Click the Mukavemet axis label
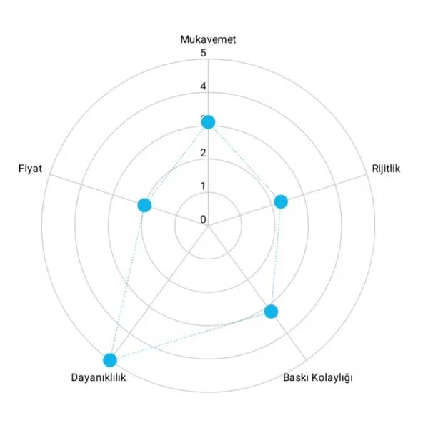pos(208,39)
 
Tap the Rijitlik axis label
pos(386,169)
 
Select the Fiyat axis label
pos(30,169)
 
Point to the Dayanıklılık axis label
pos(99,377)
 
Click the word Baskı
pos(296,377)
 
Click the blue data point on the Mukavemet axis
pos(208,122)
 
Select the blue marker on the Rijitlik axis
pos(281,201)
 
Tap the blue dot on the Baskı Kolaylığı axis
pos(271,312)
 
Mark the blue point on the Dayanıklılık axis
pos(110,360)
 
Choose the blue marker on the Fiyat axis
pos(144,205)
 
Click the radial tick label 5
pos(203,53)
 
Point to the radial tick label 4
pos(203,86)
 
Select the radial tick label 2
pos(203,153)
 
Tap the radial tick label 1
pos(203,186)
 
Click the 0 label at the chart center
pos(203,219)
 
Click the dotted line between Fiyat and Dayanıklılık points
pos(127,282)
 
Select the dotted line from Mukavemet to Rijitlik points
pos(244,162)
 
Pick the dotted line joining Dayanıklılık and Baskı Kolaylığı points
pos(191,336)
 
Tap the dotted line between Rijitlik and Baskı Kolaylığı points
pos(276,257)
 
